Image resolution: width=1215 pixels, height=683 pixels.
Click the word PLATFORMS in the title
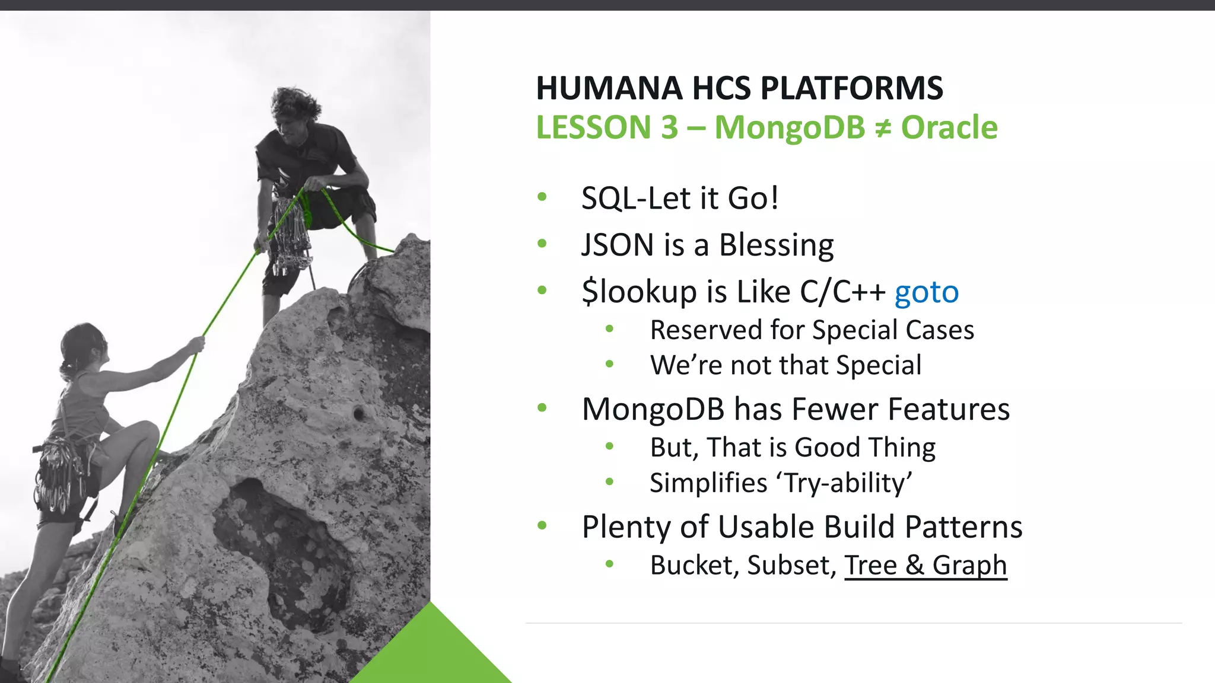click(x=851, y=88)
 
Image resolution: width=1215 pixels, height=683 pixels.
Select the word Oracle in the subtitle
click(x=949, y=127)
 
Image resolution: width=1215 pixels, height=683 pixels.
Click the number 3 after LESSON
click(x=669, y=127)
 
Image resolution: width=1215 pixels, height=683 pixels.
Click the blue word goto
click(x=926, y=292)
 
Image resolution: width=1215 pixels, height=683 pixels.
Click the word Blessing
click(x=776, y=245)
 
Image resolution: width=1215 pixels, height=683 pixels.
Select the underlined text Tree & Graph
click(x=925, y=564)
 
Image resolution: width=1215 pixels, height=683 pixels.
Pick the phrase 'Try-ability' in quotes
click(x=848, y=483)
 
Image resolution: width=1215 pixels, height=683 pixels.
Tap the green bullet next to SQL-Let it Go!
click(x=542, y=197)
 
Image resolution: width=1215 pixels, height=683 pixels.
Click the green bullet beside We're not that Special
click(x=609, y=364)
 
